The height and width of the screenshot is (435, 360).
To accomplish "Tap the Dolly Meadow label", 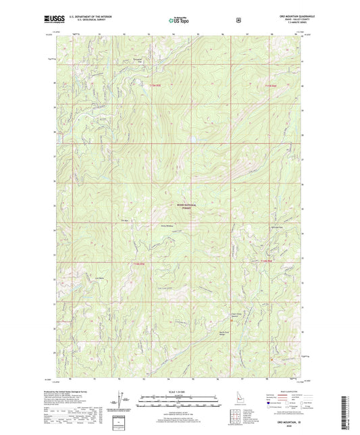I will pyautogui.click(x=167, y=226).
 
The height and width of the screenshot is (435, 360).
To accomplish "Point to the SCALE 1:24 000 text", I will pyautogui.click(x=180, y=391).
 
